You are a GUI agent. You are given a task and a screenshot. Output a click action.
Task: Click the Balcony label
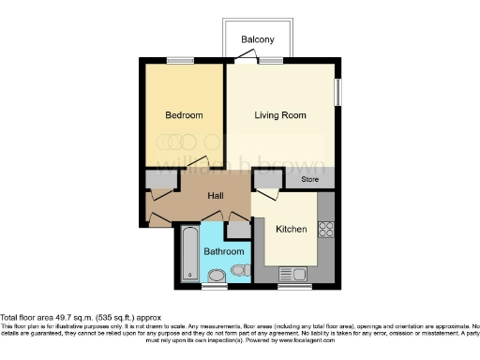pyautogui.click(x=257, y=39)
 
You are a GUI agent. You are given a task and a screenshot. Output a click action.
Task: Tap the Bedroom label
pyautogui.click(x=184, y=115)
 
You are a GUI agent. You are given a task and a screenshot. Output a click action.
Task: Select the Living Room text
pyautogui.click(x=281, y=115)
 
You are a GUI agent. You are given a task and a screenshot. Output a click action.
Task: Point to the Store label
pyautogui.click(x=310, y=178)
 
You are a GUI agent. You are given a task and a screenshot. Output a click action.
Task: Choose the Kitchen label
pyautogui.click(x=292, y=229)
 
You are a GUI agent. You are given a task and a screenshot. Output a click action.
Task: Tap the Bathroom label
pyautogui.click(x=225, y=251)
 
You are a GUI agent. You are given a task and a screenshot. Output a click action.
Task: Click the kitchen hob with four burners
pyautogui.click(x=327, y=229)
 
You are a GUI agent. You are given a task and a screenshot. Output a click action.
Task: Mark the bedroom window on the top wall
pyautogui.click(x=180, y=61)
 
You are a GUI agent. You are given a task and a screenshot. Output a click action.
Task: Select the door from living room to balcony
pyautogui.click(x=246, y=58)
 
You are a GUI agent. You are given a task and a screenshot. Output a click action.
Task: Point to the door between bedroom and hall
pyautogui.click(x=199, y=164)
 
